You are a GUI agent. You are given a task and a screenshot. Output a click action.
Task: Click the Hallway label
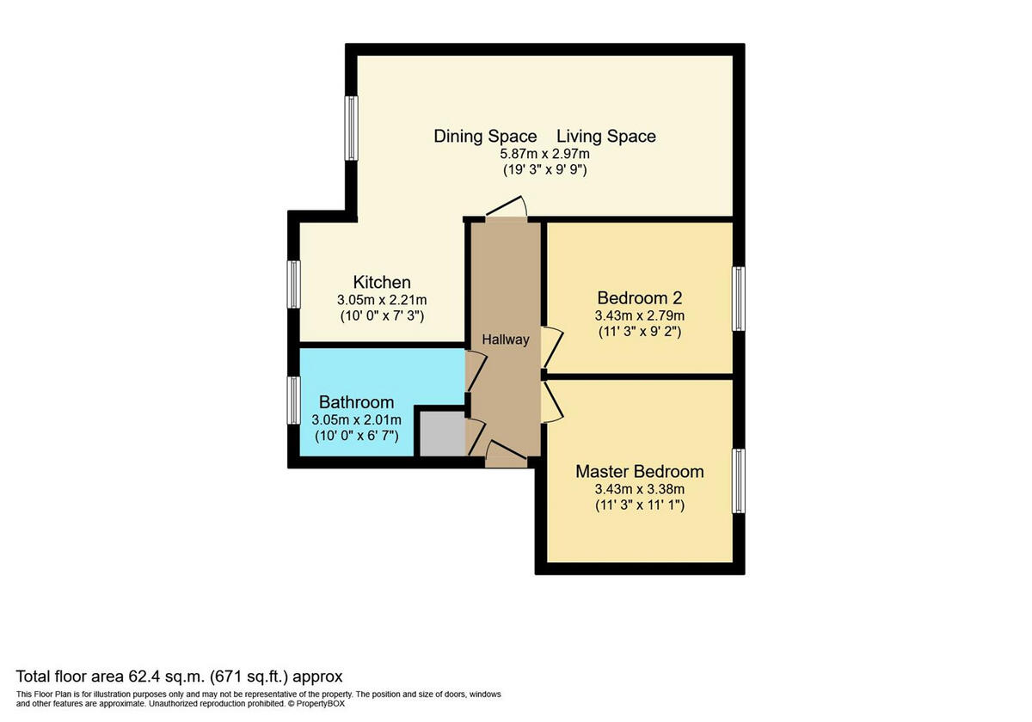505,340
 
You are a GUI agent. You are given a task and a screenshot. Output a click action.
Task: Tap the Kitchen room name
382,282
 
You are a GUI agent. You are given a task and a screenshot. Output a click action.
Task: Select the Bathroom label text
356,401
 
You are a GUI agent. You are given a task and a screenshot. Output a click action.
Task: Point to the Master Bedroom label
639,471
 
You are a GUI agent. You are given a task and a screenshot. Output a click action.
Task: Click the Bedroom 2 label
639,298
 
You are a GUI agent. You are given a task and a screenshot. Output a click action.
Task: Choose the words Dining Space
485,136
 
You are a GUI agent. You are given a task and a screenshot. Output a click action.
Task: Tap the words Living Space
605,136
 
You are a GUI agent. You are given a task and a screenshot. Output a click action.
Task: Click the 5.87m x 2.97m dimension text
545,154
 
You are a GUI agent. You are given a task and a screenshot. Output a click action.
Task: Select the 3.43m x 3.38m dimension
639,489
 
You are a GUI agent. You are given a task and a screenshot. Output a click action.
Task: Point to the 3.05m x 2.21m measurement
382,300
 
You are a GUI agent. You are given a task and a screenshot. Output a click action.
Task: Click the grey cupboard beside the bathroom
439,434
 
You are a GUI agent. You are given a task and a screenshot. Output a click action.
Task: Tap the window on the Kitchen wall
294,285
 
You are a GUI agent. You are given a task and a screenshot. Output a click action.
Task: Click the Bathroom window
294,401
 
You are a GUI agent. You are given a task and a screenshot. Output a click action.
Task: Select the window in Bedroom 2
738,298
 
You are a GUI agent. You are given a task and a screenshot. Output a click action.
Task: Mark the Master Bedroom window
738,480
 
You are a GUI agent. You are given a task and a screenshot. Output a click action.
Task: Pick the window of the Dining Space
351,128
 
